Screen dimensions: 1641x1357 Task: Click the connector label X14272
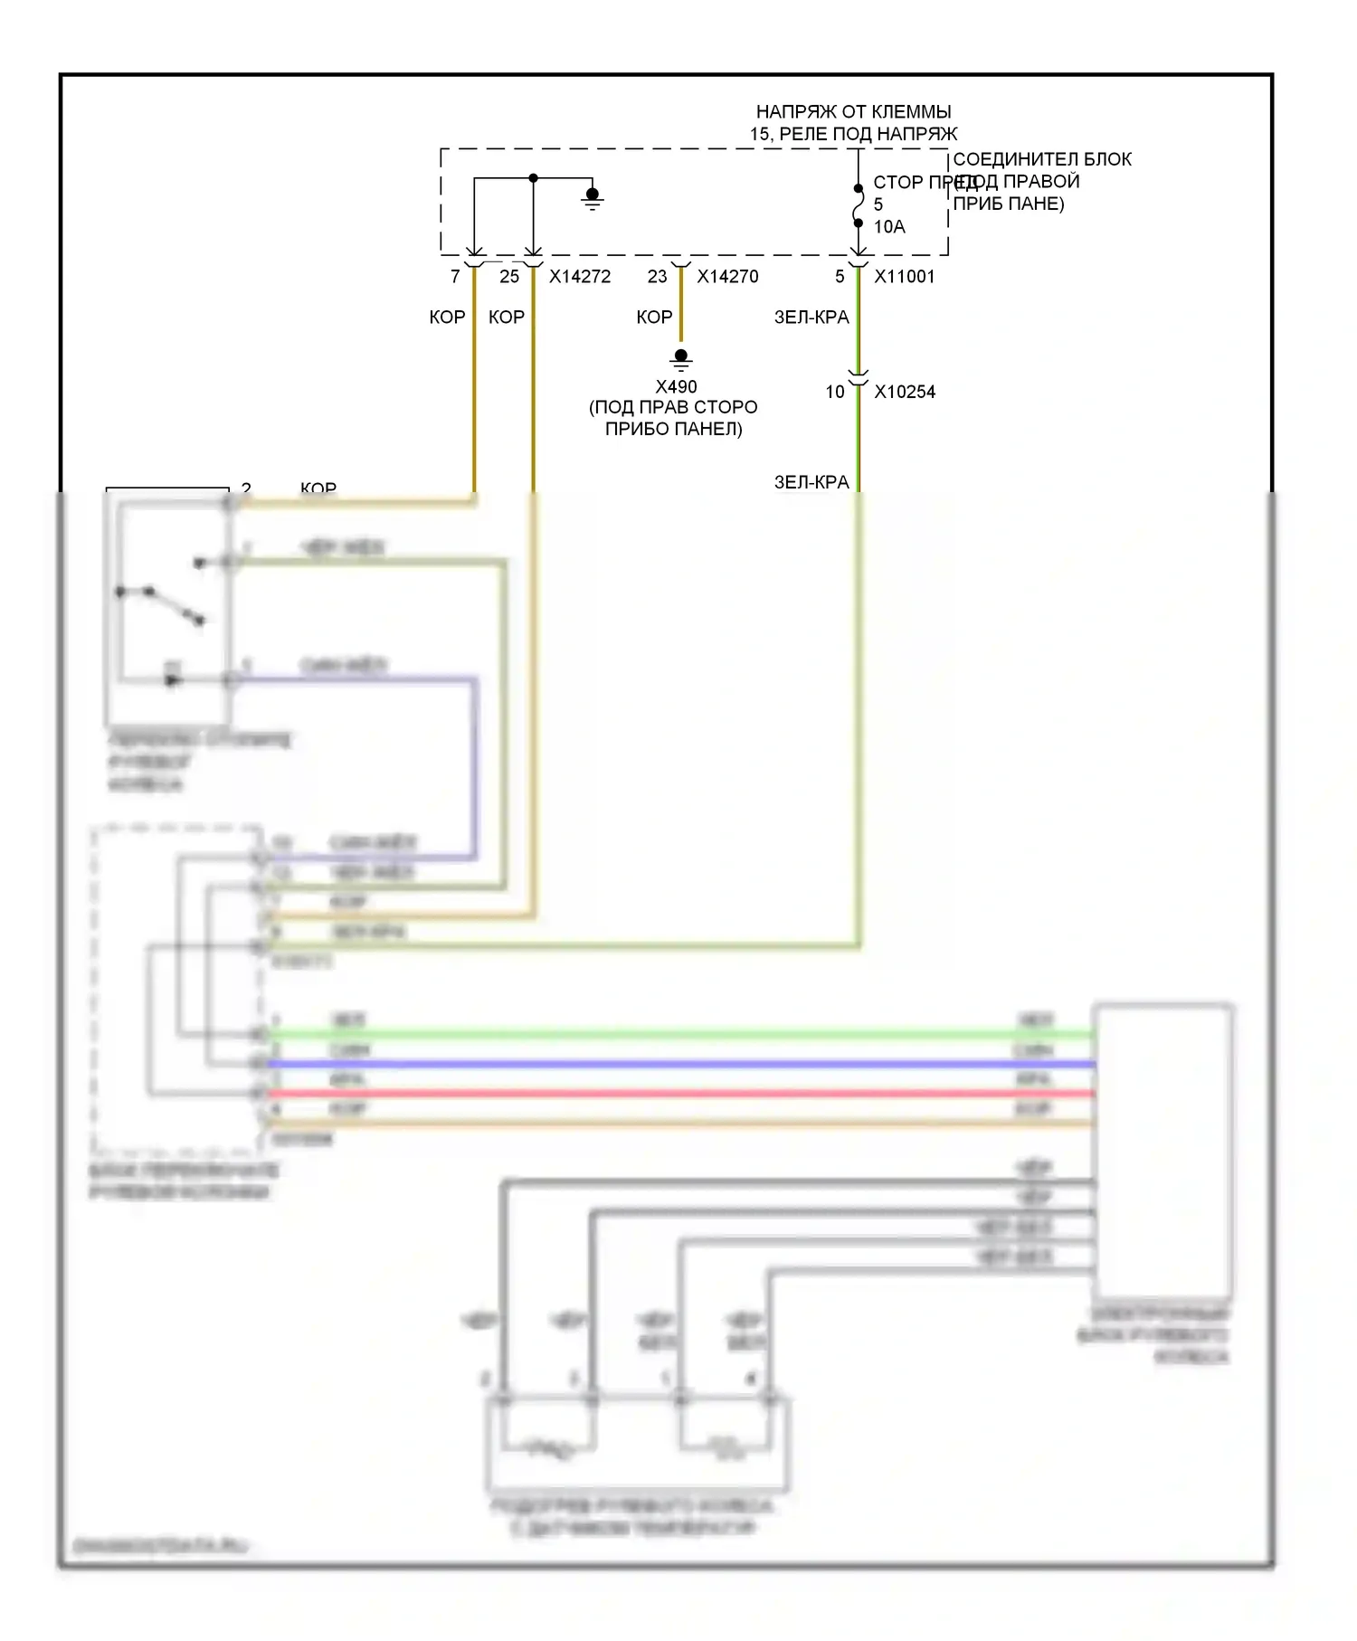[x=580, y=277]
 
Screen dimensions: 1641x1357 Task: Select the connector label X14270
[x=727, y=277]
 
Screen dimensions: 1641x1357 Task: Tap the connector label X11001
[x=904, y=277]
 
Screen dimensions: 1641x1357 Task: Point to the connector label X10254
[x=905, y=392]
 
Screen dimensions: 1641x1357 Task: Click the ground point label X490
[x=676, y=387]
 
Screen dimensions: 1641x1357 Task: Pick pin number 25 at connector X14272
[x=509, y=277]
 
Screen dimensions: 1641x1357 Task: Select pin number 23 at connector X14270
[x=657, y=277]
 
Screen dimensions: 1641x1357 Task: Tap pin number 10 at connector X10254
[x=834, y=392]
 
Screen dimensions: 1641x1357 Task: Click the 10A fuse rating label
[x=889, y=227]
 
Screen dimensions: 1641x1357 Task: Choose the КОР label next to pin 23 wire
[x=654, y=318]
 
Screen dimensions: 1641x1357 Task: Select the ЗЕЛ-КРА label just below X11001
[x=811, y=318]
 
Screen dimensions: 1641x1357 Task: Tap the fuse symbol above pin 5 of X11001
[x=859, y=206]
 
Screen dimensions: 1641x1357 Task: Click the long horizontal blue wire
[x=678, y=1064]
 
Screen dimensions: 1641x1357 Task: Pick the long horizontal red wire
[x=678, y=1094]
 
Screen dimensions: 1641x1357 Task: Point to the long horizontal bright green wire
[x=678, y=1034]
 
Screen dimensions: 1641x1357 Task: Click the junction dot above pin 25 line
[x=534, y=178]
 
